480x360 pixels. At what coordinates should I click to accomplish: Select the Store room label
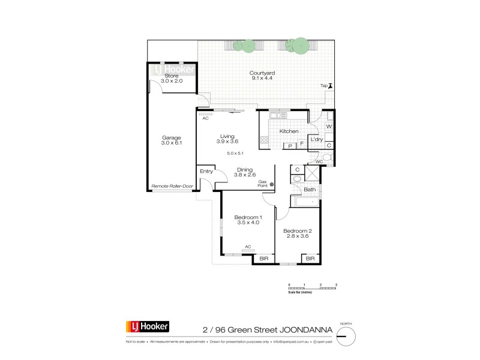coord(172,76)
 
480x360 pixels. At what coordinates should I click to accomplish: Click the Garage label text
coord(171,137)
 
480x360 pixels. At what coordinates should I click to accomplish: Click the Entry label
coord(206,171)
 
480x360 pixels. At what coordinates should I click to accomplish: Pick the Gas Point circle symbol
coord(271,184)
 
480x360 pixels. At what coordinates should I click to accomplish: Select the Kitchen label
coord(289,131)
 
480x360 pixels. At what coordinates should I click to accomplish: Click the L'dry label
coord(316,140)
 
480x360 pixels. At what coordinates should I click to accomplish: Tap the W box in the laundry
coord(329,127)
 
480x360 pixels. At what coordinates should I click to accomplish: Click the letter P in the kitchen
coord(290,145)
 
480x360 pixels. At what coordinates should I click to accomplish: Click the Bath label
coord(310,190)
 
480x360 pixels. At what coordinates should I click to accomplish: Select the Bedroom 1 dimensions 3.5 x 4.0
coord(248,223)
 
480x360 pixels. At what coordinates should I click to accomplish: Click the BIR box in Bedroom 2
coord(310,259)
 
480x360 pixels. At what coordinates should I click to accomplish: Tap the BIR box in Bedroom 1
coord(264,259)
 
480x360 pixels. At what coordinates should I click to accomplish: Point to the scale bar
coord(313,287)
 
